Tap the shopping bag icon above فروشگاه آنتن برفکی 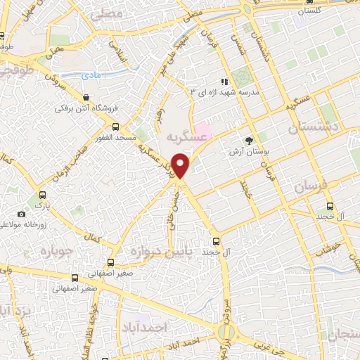[86, 98]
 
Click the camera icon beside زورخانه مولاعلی [21, 214]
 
